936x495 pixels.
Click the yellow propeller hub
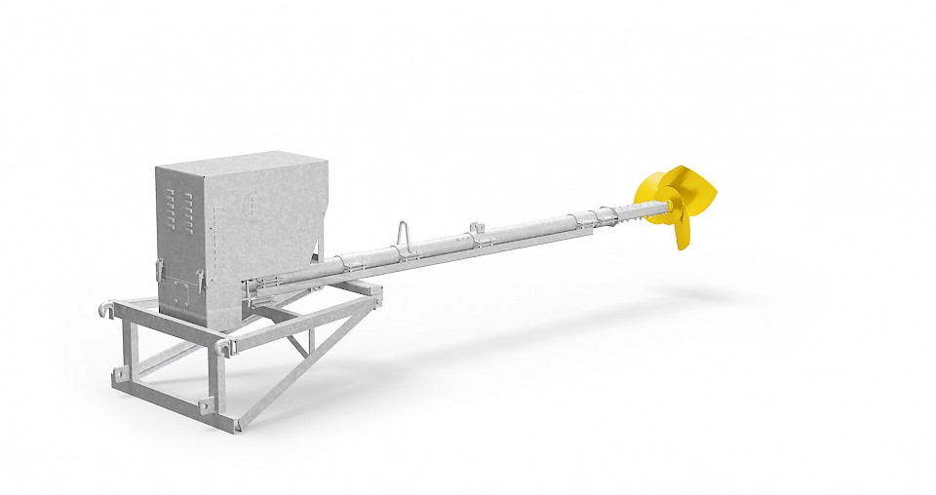(673, 201)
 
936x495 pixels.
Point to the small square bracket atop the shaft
(476, 228)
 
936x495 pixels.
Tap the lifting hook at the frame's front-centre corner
(226, 346)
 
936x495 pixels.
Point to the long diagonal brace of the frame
(312, 361)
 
